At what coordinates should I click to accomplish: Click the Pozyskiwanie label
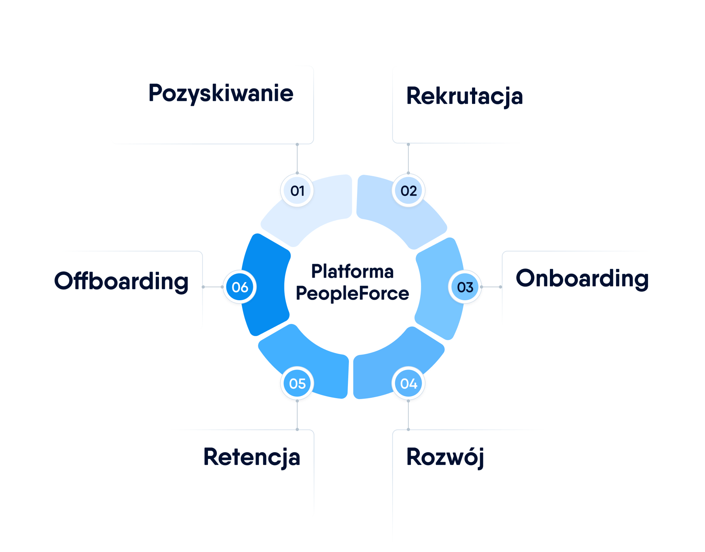[x=221, y=93]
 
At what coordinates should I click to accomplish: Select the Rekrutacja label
[x=464, y=96]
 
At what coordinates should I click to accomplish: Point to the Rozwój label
[x=445, y=457]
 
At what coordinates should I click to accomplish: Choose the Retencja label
[x=252, y=457]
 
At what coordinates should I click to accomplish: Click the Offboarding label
[x=121, y=281]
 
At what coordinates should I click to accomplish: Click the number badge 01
[x=297, y=190]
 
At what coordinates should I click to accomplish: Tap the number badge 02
[x=409, y=190]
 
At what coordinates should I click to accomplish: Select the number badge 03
[x=465, y=287]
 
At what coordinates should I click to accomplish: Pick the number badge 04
[x=409, y=383]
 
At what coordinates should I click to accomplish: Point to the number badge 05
[x=297, y=383]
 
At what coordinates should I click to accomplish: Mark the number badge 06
[x=240, y=287]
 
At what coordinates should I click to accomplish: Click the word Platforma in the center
[x=352, y=272]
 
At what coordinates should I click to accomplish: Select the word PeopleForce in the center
[x=352, y=293]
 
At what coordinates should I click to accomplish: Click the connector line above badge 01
[x=297, y=159]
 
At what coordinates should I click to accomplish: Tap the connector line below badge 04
[x=409, y=415]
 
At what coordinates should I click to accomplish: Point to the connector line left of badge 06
[x=213, y=287]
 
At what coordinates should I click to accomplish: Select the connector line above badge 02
[x=409, y=159]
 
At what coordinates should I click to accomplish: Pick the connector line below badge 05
[x=297, y=415]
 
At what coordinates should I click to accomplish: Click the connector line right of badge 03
[x=491, y=287]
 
